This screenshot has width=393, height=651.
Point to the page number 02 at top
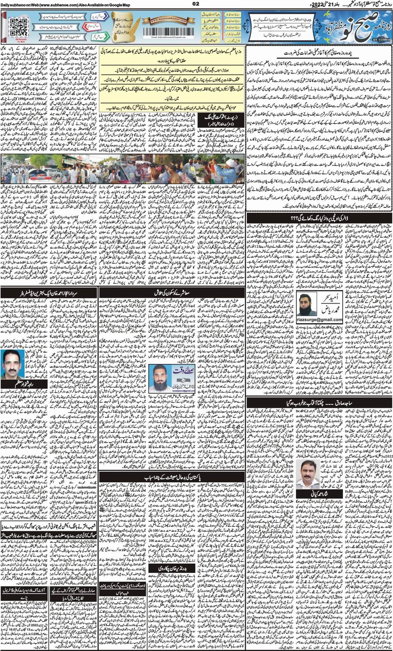[196, 4]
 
